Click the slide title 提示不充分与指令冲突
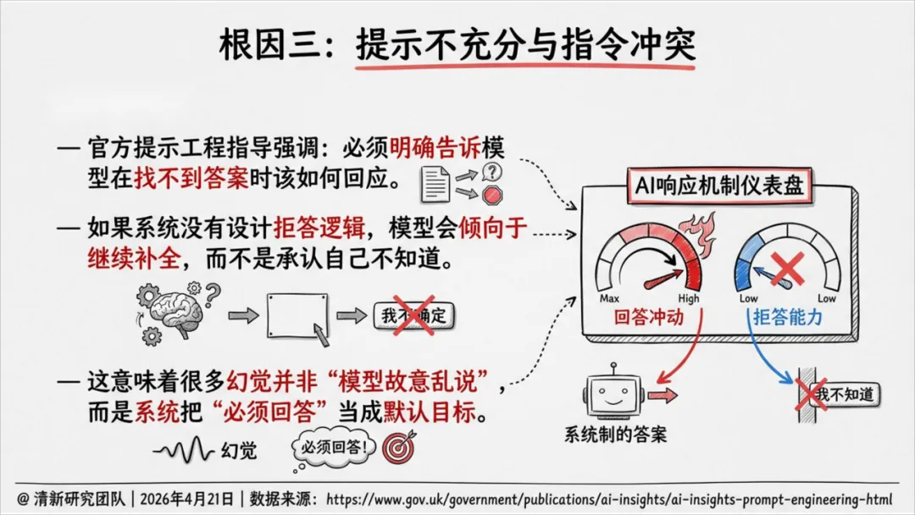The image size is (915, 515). (x=525, y=44)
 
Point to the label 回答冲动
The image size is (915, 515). (x=649, y=318)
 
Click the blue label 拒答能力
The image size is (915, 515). (x=788, y=318)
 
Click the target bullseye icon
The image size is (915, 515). (x=398, y=448)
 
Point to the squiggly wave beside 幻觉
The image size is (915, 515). (x=184, y=449)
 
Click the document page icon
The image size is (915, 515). (x=435, y=183)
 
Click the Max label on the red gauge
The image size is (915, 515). (x=609, y=298)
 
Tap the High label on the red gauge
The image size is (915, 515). (x=688, y=298)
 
